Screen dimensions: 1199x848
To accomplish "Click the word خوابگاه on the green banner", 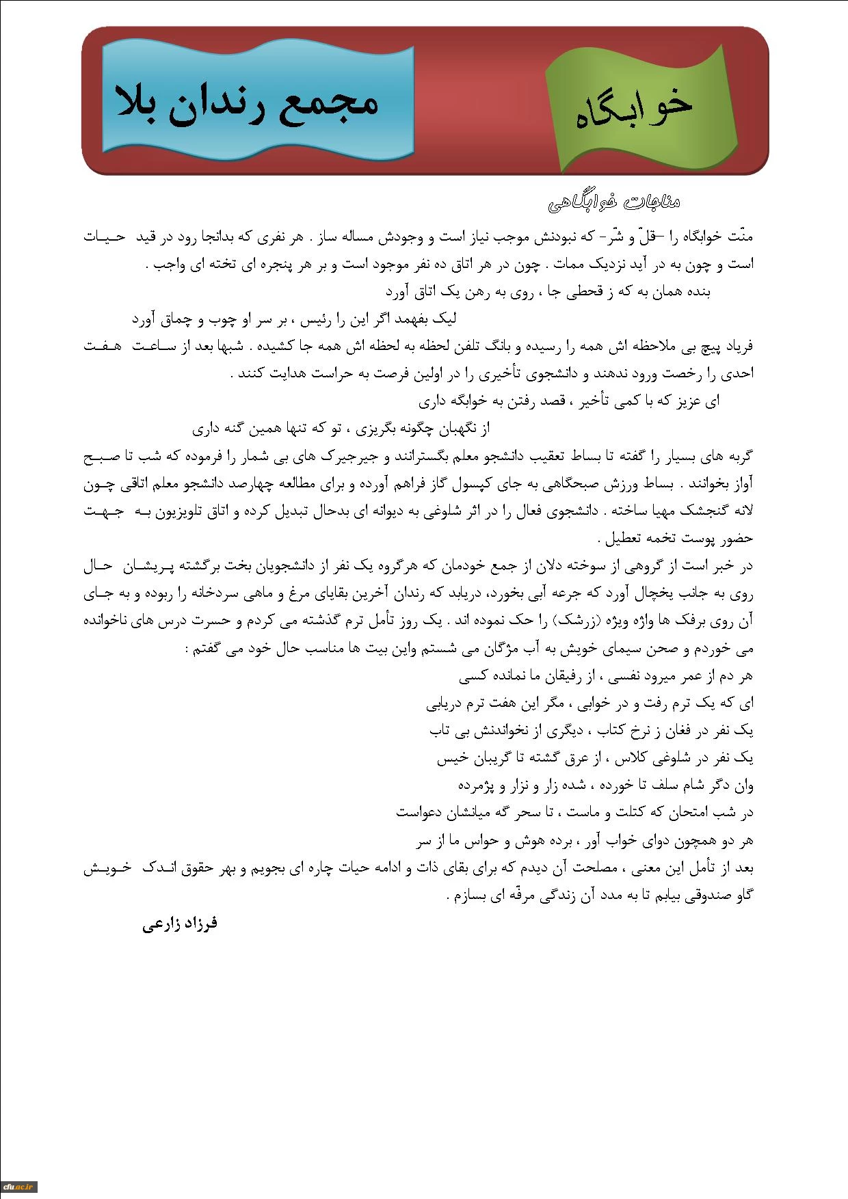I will click(633, 110).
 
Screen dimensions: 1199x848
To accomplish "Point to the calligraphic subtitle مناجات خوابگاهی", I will click(613, 202).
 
